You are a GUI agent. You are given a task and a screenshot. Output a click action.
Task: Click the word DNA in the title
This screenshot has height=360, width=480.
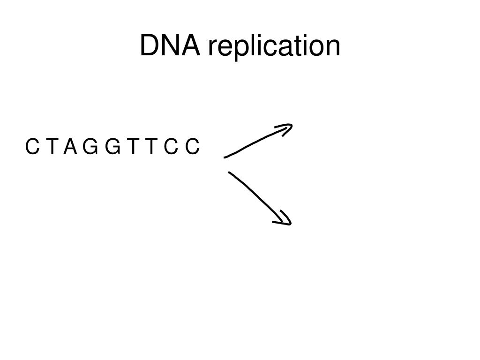171,46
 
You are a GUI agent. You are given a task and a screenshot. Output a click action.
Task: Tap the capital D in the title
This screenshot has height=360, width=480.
150,46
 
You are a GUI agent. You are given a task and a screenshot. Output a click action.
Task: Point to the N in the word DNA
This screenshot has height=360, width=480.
171,46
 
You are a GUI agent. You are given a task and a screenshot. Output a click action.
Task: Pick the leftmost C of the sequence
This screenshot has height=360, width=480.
32,147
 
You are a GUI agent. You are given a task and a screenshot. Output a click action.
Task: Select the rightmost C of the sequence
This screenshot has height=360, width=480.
192,147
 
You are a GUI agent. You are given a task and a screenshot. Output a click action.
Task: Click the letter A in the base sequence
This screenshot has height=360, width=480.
70,147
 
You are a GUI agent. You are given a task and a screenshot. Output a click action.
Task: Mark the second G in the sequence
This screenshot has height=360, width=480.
112,147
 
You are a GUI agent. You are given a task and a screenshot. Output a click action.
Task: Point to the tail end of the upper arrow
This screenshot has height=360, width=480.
226,157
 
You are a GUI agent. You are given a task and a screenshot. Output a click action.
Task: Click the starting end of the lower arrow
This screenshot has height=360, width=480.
230,173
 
